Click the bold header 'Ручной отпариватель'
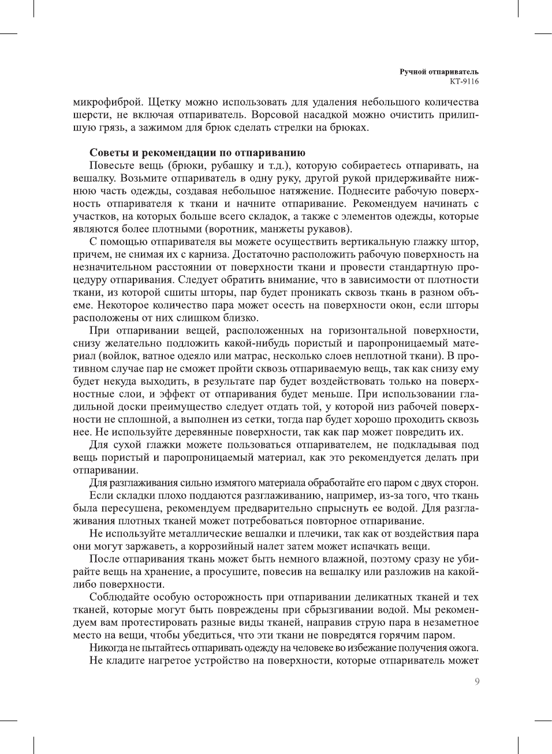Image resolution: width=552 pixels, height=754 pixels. coord(439,72)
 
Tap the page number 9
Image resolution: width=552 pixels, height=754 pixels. coord(476,682)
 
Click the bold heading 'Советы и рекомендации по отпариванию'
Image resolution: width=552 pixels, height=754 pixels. coord(197,153)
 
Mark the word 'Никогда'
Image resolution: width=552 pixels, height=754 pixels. coord(107,648)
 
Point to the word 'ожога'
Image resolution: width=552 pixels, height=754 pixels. coord(464,648)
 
